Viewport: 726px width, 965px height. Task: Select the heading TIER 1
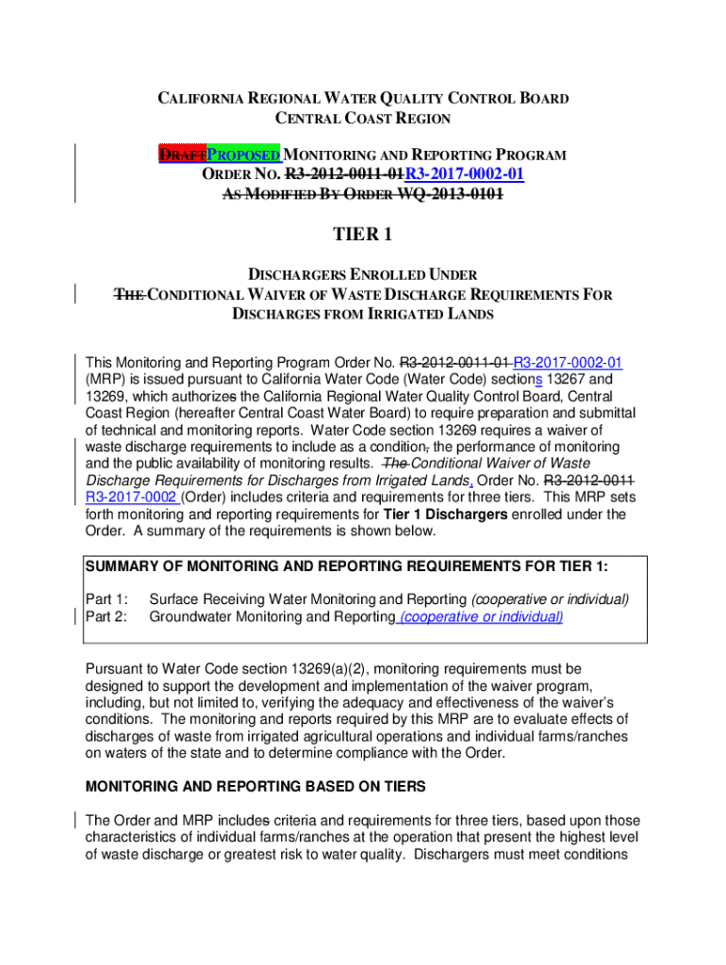(x=362, y=235)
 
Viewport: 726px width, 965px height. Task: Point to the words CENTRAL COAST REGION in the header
(x=362, y=119)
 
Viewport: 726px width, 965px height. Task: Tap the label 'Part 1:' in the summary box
(x=107, y=599)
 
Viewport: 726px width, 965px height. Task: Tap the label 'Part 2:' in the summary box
(x=107, y=616)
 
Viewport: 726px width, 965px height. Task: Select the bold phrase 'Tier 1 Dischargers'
(x=446, y=514)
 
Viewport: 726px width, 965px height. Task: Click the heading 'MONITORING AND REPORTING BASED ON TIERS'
(x=256, y=786)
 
